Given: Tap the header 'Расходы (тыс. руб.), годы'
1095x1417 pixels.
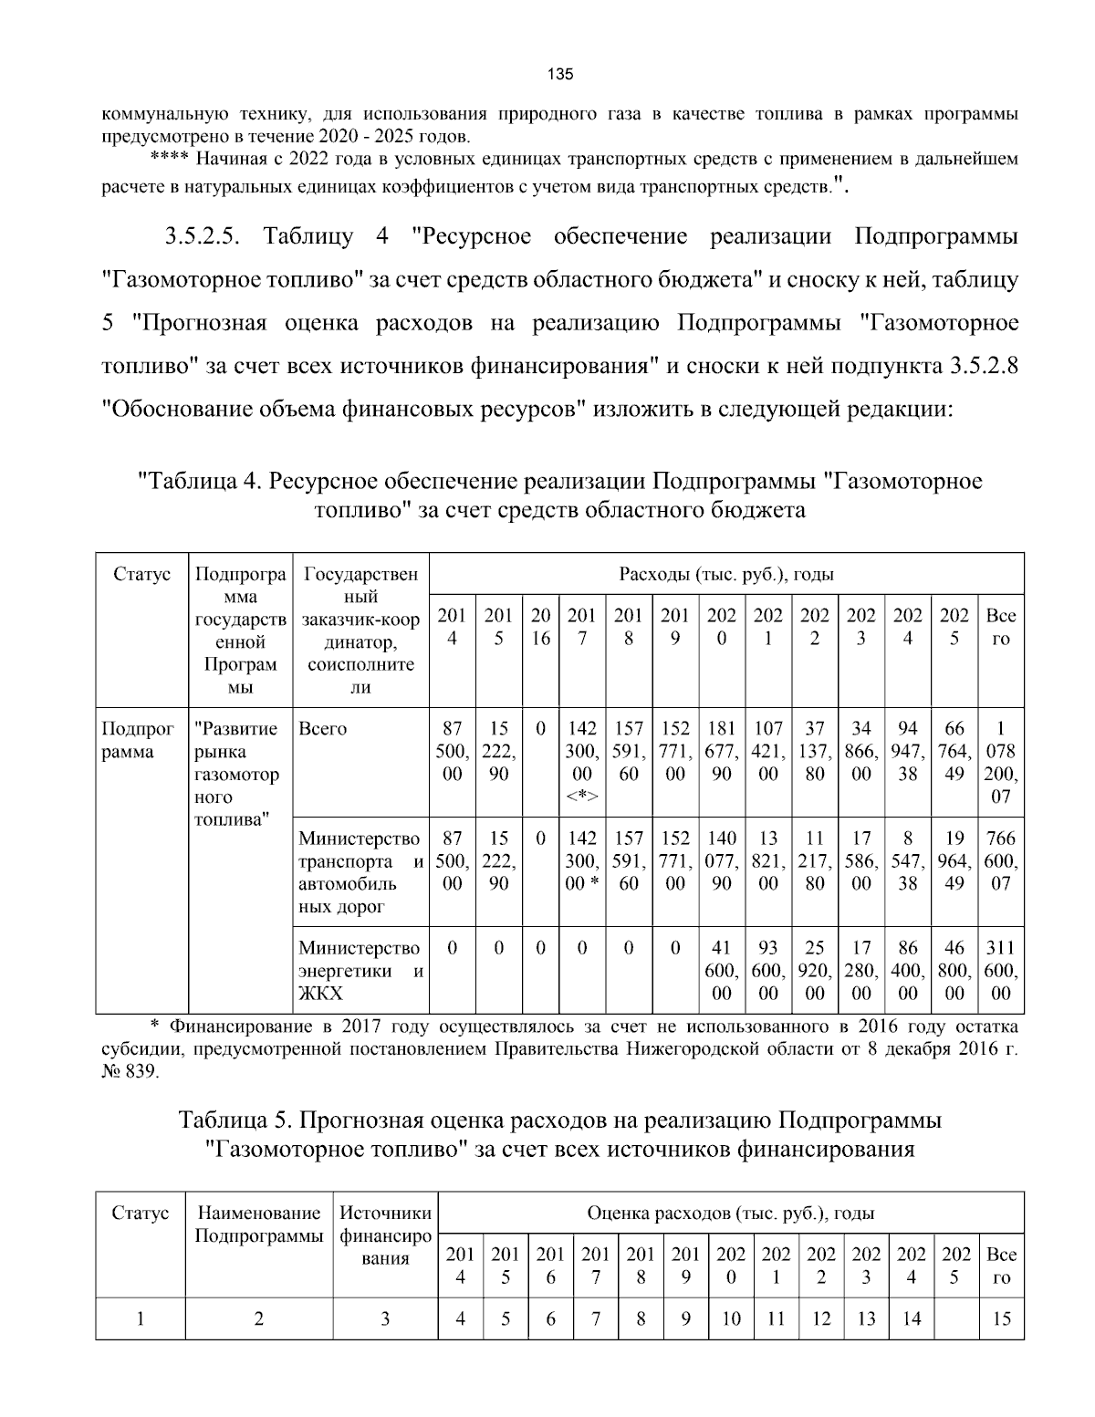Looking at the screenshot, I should click(x=726, y=575).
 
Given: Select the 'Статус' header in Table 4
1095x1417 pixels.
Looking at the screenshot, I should click(x=141, y=575).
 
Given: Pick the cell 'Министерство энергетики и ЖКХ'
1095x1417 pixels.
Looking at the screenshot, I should click(x=360, y=971).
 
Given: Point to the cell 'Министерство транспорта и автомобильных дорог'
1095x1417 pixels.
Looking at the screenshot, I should click(x=360, y=872).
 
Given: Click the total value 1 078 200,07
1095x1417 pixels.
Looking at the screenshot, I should click(x=1001, y=763).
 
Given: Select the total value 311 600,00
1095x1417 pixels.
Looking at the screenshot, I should click(x=1001, y=971).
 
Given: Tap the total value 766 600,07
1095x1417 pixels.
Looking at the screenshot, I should click(x=1001, y=861).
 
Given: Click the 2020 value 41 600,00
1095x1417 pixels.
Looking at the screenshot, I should click(x=721, y=971).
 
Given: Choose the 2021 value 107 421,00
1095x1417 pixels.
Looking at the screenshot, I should click(x=768, y=752).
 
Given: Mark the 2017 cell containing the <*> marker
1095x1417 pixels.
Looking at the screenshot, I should click(x=582, y=763).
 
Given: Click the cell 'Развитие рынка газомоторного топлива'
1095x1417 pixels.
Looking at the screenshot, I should click(x=239, y=774).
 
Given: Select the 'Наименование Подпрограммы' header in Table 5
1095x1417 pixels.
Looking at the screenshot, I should click(x=259, y=1224).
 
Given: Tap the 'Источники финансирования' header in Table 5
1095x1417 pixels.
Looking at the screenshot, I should click(x=385, y=1235).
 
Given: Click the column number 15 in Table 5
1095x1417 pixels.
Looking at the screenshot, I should click(x=1001, y=1318).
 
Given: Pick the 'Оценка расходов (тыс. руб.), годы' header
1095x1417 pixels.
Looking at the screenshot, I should click(x=731, y=1214).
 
